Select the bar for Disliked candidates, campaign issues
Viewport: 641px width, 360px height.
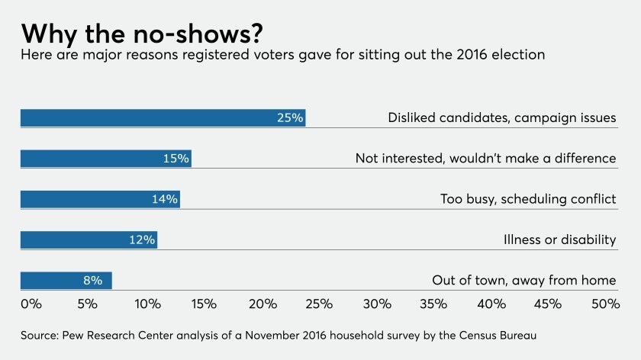(x=163, y=117)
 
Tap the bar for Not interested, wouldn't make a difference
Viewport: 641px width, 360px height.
(x=105, y=159)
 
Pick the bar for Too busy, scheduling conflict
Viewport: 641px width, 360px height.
(x=100, y=199)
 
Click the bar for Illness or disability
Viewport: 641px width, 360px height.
(x=89, y=240)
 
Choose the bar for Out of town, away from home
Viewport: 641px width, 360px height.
(x=66, y=281)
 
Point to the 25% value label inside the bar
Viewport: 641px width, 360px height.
(x=290, y=117)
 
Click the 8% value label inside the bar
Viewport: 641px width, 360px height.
(x=92, y=281)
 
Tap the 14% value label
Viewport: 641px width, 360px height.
(x=165, y=199)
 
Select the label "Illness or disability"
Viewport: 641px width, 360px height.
(x=559, y=240)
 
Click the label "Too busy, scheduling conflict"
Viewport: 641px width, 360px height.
(x=527, y=199)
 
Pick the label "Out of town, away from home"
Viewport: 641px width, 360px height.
(x=523, y=281)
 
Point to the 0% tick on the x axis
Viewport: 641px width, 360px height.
(x=31, y=304)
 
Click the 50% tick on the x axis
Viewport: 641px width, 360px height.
(x=604, y=304)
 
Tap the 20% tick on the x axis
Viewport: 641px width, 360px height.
(x=262, y=304)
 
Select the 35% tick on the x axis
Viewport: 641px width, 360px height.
(x=433, y=304)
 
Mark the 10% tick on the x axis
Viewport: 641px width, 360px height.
(x=147, y=304)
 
